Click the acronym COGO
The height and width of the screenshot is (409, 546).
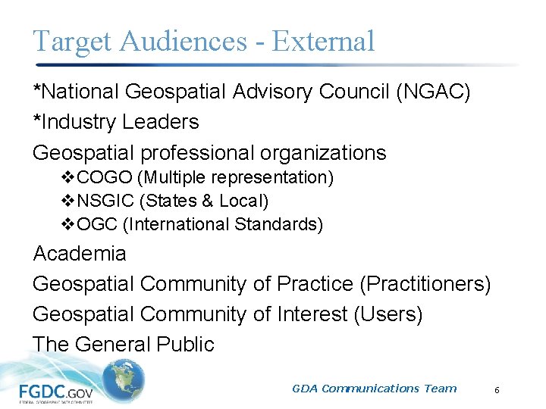pos(99,178)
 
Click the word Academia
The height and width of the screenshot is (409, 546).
pos(80,253)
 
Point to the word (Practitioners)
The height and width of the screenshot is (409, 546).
pos(425,284)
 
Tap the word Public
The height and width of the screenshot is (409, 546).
pos(185,344)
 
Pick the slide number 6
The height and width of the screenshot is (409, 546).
pos(497,390)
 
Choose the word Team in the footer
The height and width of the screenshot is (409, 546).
pos(441,389)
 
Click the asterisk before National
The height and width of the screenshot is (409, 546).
pos(38,89)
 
